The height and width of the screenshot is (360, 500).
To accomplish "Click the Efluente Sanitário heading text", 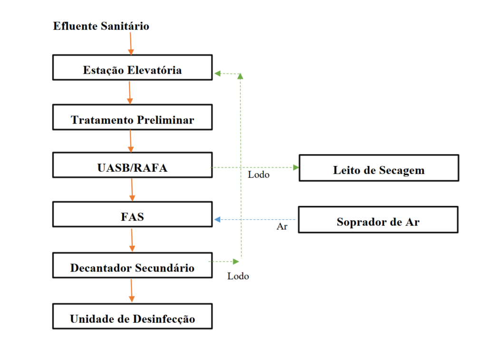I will click(x=101, y=26).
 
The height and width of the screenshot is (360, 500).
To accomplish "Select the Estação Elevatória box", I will click(x=132, y=68).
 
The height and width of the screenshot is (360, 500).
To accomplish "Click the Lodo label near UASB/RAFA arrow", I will click(x=259, y=175).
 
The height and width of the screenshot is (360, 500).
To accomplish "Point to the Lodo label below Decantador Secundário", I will click(x=238, y=276).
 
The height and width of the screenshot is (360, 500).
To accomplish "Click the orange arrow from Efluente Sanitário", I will click(x=131, y=44).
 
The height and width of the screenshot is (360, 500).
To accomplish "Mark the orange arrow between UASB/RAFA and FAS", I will click(x=132, y=190).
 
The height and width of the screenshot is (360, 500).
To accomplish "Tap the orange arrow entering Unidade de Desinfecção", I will click(x=132, y=290).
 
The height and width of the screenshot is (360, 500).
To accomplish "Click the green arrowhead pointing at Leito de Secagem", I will click(x=296, y=167).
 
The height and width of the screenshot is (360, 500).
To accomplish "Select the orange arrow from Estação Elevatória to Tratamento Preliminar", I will click(x=130, y=92).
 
